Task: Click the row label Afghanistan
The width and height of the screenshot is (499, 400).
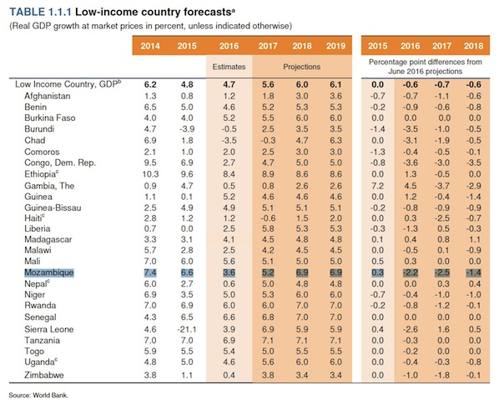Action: coord(49,97)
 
